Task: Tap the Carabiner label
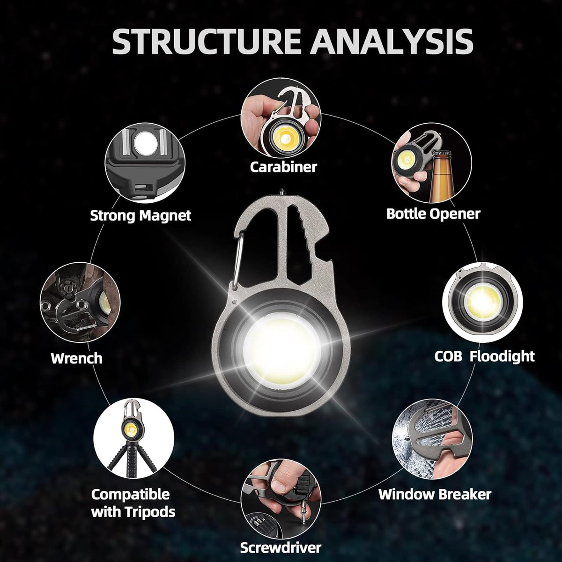coord(283,166)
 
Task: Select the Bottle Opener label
coord(433,214)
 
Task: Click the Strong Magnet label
coord(140,215)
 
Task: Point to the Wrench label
coord(76,358)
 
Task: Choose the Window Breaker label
coord(435,494)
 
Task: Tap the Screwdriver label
coord(281,547)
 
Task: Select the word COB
coord(449,356)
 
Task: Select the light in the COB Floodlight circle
coord(482,300)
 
